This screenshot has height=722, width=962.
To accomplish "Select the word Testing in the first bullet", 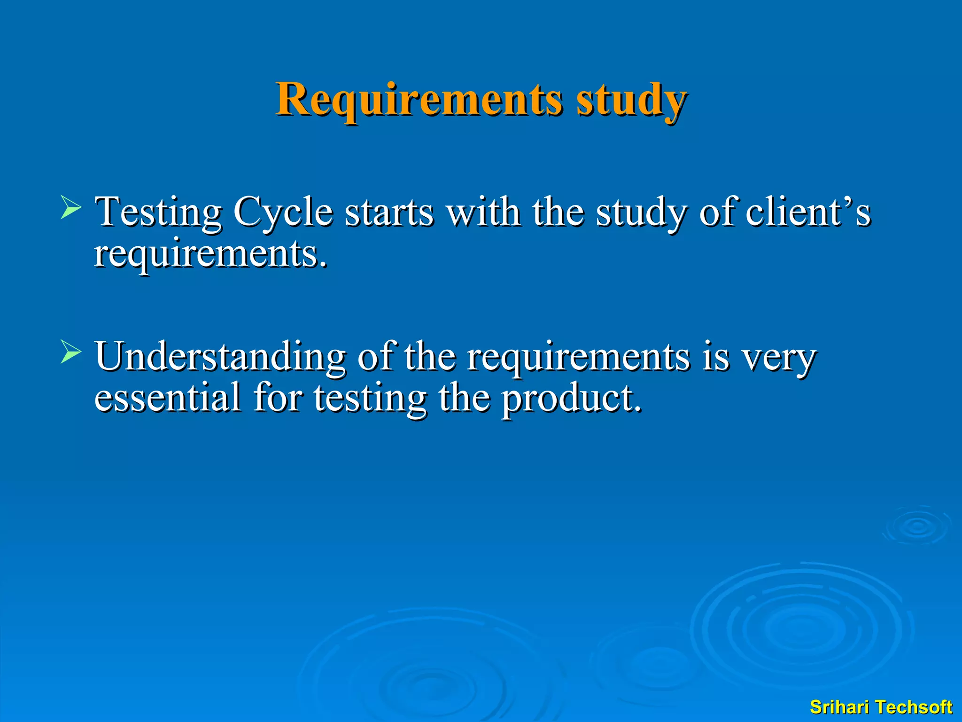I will tap(158, 212).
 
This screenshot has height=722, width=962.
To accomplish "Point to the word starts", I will tap(389, 212).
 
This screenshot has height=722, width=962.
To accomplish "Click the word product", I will tap(570, 399).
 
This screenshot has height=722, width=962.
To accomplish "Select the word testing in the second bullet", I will tap(370, 399).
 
